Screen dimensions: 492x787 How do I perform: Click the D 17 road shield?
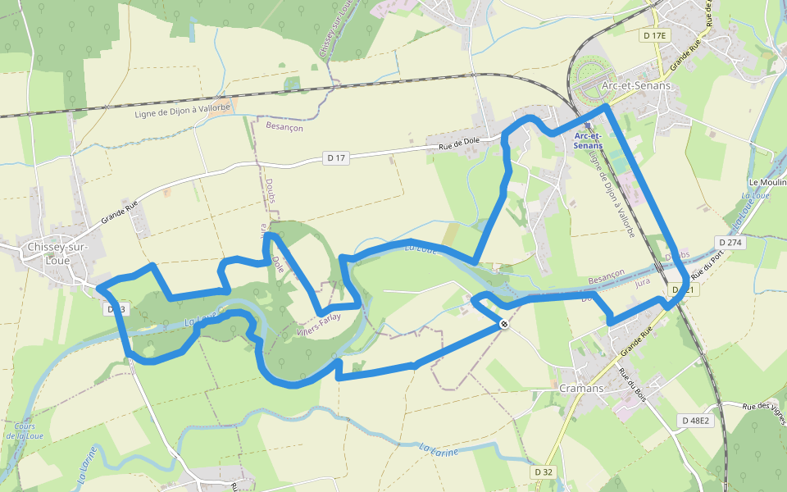click(336, 157)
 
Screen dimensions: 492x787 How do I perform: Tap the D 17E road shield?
click(657, 36)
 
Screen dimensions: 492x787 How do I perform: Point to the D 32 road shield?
click(544, 472)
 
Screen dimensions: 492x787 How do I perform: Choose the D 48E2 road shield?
click(695, 421)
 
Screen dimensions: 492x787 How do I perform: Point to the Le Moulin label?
click(767, 182)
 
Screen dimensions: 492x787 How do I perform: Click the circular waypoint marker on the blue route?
click(505, 325)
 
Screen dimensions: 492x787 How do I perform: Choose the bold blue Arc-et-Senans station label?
click(589, 140)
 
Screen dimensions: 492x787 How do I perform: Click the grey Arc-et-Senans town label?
click(636, 85)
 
